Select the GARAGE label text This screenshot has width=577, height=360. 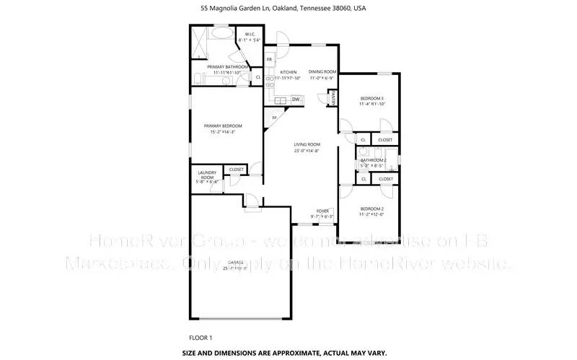(x=235, y=262)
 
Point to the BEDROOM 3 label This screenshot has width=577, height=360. (x=371, y=98)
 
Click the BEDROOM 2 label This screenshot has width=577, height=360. (x=371, y=208)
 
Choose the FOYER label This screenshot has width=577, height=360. (x=322, y=211)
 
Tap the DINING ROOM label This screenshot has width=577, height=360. (x=322, y=71)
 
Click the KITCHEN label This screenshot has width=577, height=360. (x=288, y=72)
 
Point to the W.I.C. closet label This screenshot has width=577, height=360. (x=251, y=35)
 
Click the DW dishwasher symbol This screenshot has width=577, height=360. (x=296, y=99)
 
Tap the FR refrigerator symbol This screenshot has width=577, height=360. (x=269, y=59)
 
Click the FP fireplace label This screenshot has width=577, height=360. (x=274, y=118)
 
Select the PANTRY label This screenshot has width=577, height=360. (x=332, y=97)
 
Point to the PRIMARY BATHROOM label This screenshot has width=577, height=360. (x=223, y=66)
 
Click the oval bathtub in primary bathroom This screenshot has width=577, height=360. (x=220, y=35)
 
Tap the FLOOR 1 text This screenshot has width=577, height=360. (x=201, y=338)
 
